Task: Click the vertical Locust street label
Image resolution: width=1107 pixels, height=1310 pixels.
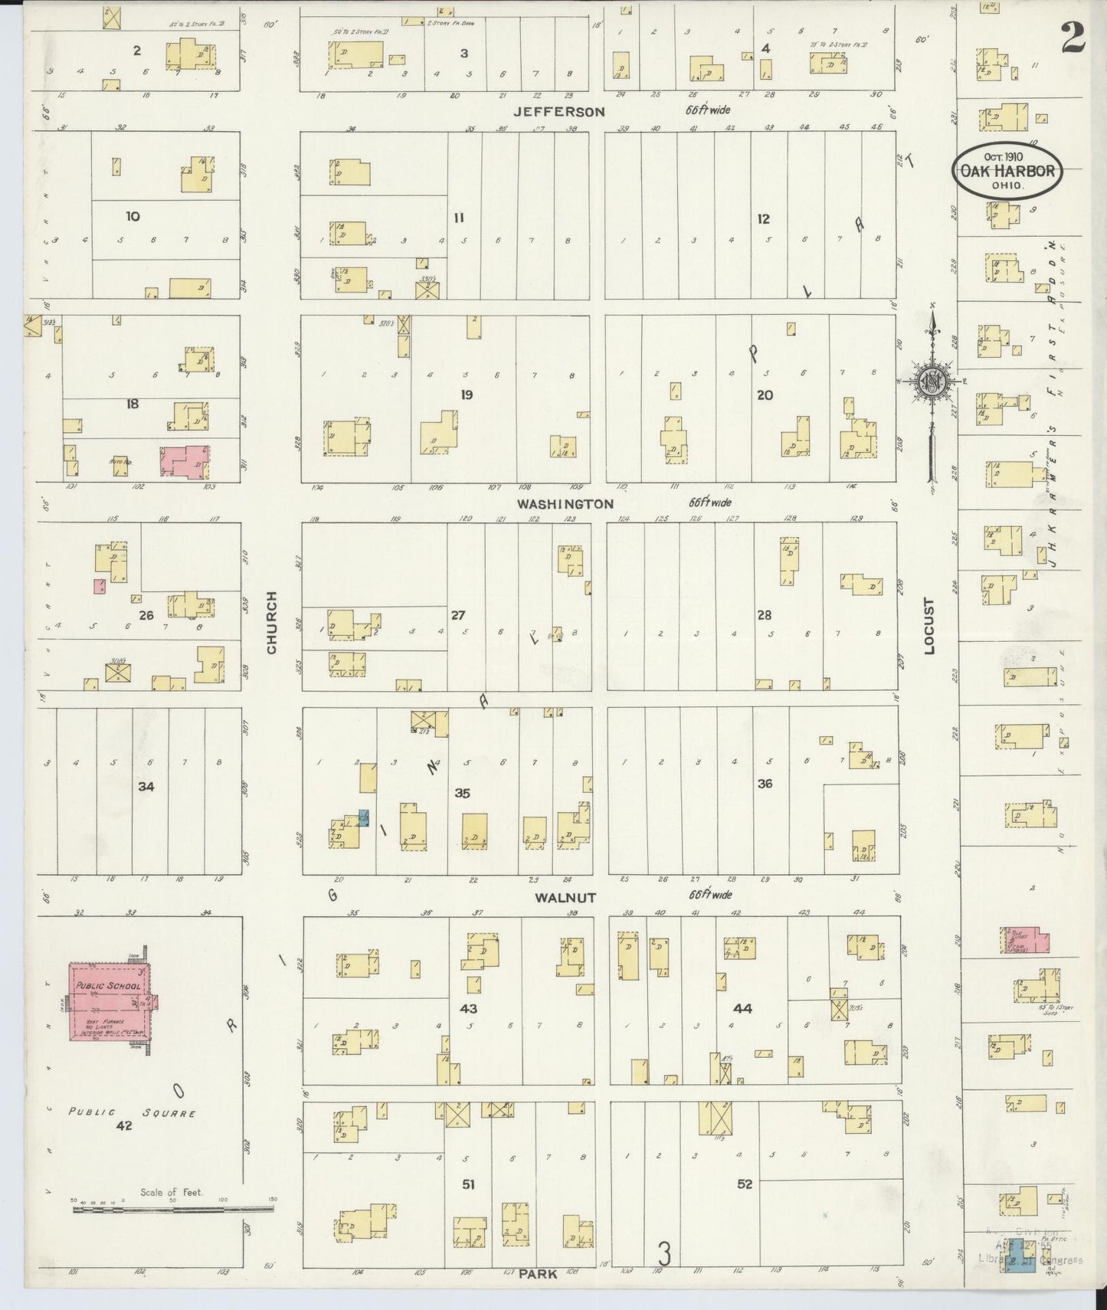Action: pos(930,627)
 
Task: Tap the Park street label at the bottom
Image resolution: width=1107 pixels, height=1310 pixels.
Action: pos(537,1274)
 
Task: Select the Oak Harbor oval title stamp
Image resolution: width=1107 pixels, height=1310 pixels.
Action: pos(1007,172)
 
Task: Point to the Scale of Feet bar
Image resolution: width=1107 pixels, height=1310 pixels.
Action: pos(172,1210)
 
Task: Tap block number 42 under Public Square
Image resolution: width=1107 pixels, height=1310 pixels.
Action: pos(123,1126)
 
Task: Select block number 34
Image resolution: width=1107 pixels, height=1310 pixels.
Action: pos(146,786)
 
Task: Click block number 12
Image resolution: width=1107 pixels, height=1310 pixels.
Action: pos(763,219)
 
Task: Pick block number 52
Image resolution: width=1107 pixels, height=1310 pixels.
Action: pos(744,1184)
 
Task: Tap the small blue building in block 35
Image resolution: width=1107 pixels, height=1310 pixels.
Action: pos(363,817)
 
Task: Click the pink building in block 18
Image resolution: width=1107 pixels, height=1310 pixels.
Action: pos(184,461)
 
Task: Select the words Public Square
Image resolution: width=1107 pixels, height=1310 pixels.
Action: pos(132,1112)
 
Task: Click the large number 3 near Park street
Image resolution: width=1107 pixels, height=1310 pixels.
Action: pos(665,1254)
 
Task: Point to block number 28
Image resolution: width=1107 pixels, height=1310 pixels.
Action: pos(764,614)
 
